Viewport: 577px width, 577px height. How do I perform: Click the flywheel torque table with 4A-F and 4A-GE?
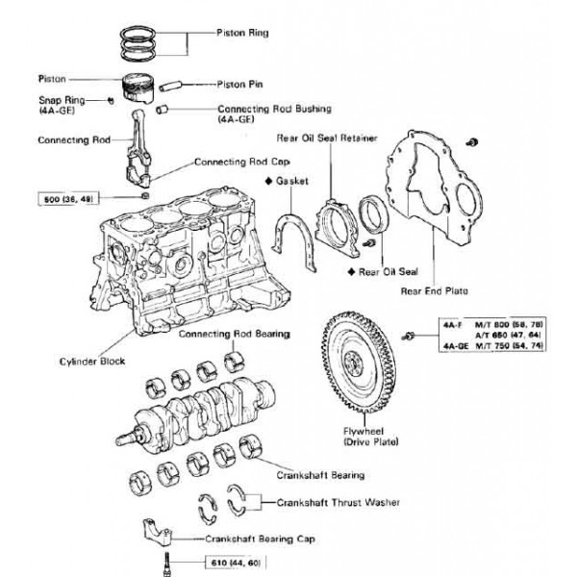[482, 335]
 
